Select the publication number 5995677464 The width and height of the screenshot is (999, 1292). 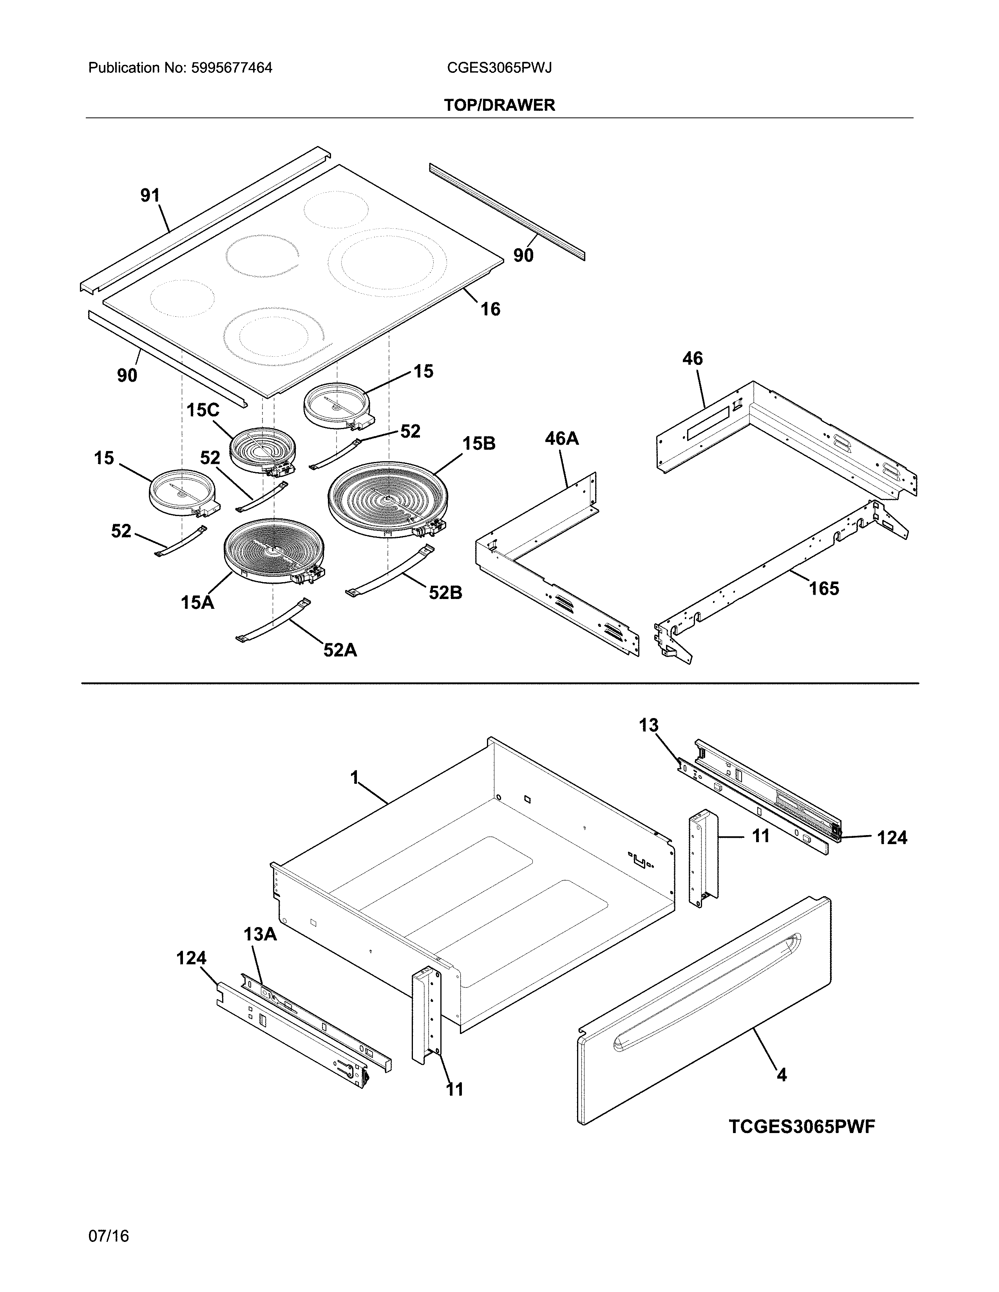[x=232, y=68]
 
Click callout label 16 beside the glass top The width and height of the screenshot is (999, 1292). [x=490, y=309]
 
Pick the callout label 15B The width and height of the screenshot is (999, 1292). [x=479, y=443]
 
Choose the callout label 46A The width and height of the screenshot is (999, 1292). [x=562, y=438]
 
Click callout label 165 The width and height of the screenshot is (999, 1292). [x=824, y=588]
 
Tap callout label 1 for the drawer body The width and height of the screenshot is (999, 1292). [x=355, y=777]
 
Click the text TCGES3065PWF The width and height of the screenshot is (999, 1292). [x=801, y=1127]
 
